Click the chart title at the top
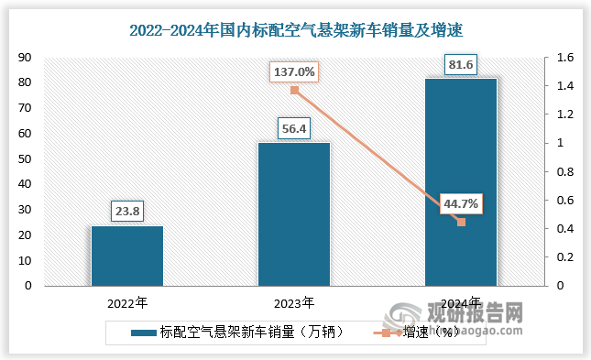[295, 31]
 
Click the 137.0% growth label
[293, 71]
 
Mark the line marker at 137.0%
[294, 90]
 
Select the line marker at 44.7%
[461, 222]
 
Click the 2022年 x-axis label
[127, 301]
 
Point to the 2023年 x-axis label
[294, 301]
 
